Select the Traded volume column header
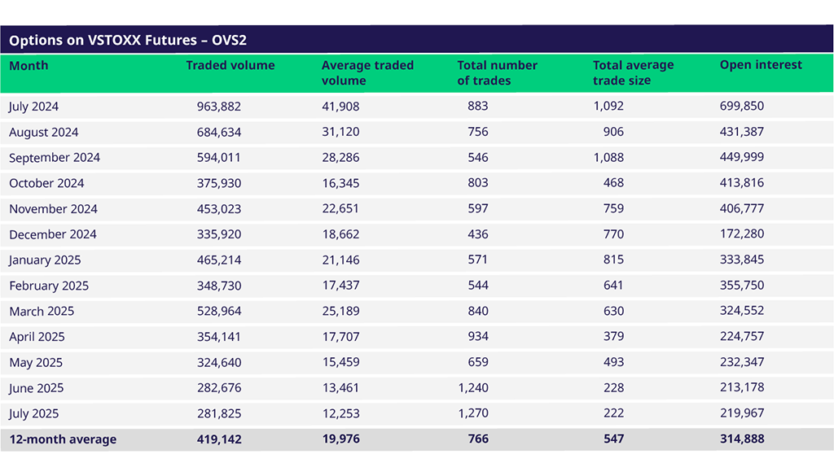click(x=230, y=65)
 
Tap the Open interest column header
click(x=761, y=65)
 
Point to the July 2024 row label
click(x=33, y=107)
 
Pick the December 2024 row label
click(x=52, y=234)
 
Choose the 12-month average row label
click(x=63, y=439)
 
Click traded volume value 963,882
click(x=219, y=107)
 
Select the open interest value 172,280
click(x=742, y=234)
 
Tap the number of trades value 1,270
click(x=473, y=413)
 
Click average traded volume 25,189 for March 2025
click(x=340, y=311)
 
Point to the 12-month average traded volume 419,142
click(x=219, y=439)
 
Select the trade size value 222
click(x=613, y=413)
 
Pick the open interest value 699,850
click(x=742, y=107)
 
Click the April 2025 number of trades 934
click(x=478, y=337)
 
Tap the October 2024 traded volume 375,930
click(x=219, y=183)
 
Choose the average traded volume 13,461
click(x=340, y=388)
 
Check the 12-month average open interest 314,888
click(x=742, y=439)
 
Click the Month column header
click(x=29, y=65)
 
